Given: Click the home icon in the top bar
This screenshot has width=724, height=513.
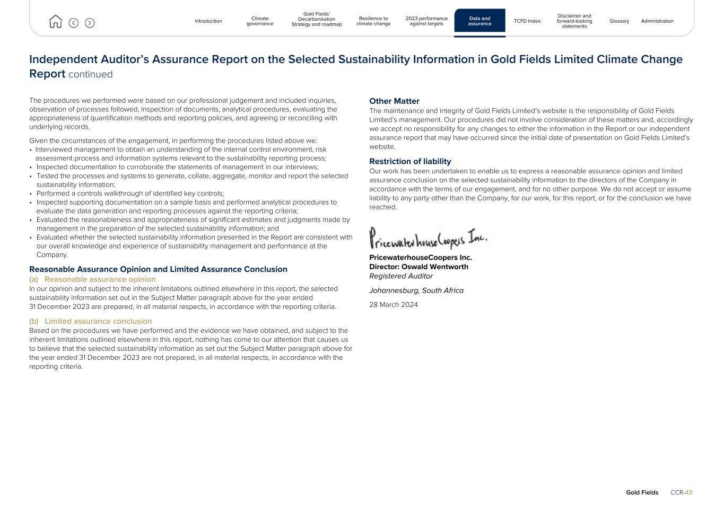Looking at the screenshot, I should click(55, 22).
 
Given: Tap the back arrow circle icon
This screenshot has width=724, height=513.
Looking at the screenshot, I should click(74, 23).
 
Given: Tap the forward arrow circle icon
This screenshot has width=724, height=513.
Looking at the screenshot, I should click(90, 23).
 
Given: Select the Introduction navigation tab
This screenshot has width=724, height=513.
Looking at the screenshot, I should click(208, 21).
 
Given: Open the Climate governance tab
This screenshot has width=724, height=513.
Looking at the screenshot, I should click(260, 21).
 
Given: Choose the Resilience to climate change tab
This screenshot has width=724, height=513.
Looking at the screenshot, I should click(373, 21).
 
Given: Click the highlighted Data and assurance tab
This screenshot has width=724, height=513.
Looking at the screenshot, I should click(479, 21).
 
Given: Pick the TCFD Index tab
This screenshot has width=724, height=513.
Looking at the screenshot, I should click(527, 21).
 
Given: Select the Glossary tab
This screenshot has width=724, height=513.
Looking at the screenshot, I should click(619, 21).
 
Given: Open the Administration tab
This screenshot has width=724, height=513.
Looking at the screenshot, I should click(657, 21).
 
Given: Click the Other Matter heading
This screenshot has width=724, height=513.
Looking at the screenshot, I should click(394, 101).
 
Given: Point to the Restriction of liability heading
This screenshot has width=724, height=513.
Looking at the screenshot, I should click(410, 162).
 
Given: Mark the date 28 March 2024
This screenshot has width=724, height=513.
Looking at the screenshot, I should click(393, 305).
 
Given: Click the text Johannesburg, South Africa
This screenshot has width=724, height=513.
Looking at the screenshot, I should click(416, 290).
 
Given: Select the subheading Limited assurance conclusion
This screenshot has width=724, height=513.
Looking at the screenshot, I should click(98, 321).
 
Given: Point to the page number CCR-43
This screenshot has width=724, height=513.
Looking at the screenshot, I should click(681, 492).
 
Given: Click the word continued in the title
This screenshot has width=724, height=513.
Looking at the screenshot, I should click(90, 74).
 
